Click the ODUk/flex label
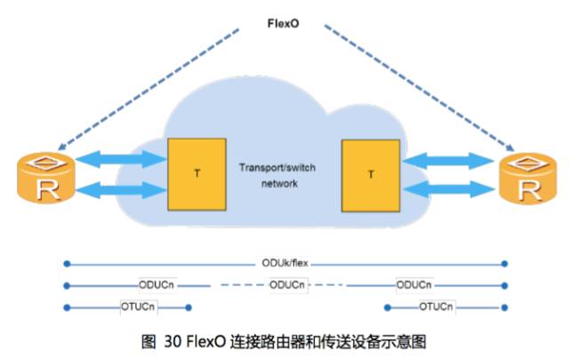tap(284, 264)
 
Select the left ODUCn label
tap(156, 284)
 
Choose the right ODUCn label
tap(414, 284)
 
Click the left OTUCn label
tap(139, 307)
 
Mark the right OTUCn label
tap(436, 307)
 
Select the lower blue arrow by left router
tap(121, 189)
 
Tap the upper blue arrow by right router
tap(448, 160)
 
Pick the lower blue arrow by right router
tap(448, 189)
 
